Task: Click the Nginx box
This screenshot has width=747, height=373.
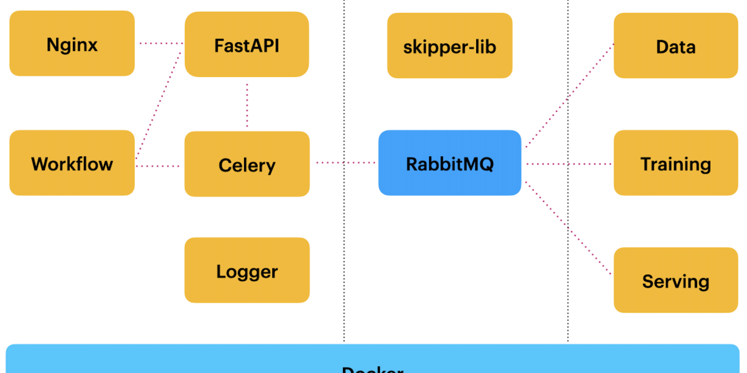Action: pos(72,44)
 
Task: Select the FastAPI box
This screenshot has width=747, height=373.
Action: pos(247,45)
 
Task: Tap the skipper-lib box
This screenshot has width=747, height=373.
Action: pos(449,46)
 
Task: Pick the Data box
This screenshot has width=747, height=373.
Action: pos(675,46)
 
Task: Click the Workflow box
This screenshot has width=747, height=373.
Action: pos(72,163)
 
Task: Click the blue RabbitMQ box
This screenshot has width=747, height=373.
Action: pos(449,163)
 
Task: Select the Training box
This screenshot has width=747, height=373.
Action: pos(675,163)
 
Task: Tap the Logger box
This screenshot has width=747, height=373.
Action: pos(247,270)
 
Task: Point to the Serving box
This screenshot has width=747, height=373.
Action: pos(675,280)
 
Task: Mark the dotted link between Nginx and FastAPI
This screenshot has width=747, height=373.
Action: pos(160,43)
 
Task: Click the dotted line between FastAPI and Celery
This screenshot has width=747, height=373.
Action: pos(247,104)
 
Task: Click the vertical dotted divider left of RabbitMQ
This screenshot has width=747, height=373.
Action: pos(344,261)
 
